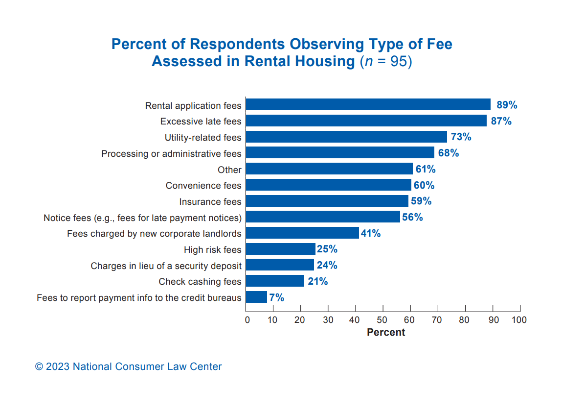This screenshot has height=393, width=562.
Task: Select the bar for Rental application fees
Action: (x=368, y=105)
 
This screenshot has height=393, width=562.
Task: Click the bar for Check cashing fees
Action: (x=275, y=281)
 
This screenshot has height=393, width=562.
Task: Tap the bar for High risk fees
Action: (x=280, y=249)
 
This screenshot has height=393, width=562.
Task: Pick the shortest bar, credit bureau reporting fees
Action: (x=256, y=297)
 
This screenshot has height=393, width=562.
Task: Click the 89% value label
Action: (x=507, y=105)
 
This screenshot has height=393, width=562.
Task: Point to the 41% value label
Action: (x=371, y=233)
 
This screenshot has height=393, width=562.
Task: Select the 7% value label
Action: (x=276, y=297)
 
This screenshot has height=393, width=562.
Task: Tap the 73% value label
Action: (x=461, y=137)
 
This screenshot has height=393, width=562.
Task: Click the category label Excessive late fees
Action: (x=201, y=122)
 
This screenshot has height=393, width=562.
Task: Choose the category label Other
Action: (x=229, y=170)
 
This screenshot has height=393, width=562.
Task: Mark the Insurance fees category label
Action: (x=210, y=201)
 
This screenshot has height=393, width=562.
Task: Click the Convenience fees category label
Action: (x=203, y=186)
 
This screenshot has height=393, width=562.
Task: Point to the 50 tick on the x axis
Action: (x=383, y=320)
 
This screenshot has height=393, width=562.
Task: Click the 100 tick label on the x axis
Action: (x=519, y=320)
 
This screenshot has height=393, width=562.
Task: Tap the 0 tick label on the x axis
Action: (x=247, y=320)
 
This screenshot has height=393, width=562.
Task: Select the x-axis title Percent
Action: (x=386, y=332)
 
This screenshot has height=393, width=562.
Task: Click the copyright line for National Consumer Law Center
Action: (x=128, y=367)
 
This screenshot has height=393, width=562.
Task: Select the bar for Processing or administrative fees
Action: (x=340, y=153)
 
